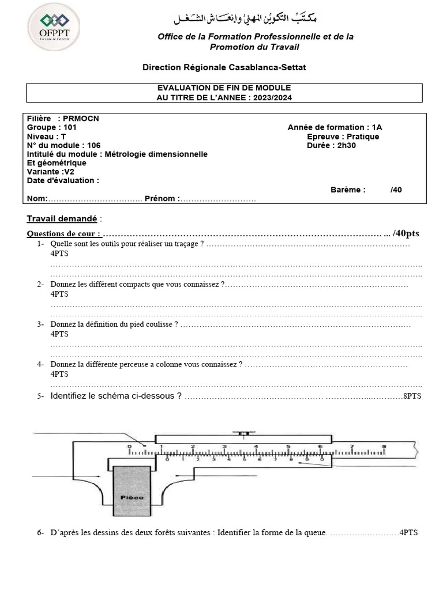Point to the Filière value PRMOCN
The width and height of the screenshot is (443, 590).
81,118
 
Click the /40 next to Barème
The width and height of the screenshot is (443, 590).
396,190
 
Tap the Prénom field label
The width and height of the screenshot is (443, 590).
161,199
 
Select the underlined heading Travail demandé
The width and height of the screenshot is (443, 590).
62,219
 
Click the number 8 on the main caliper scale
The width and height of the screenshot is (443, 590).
383,447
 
